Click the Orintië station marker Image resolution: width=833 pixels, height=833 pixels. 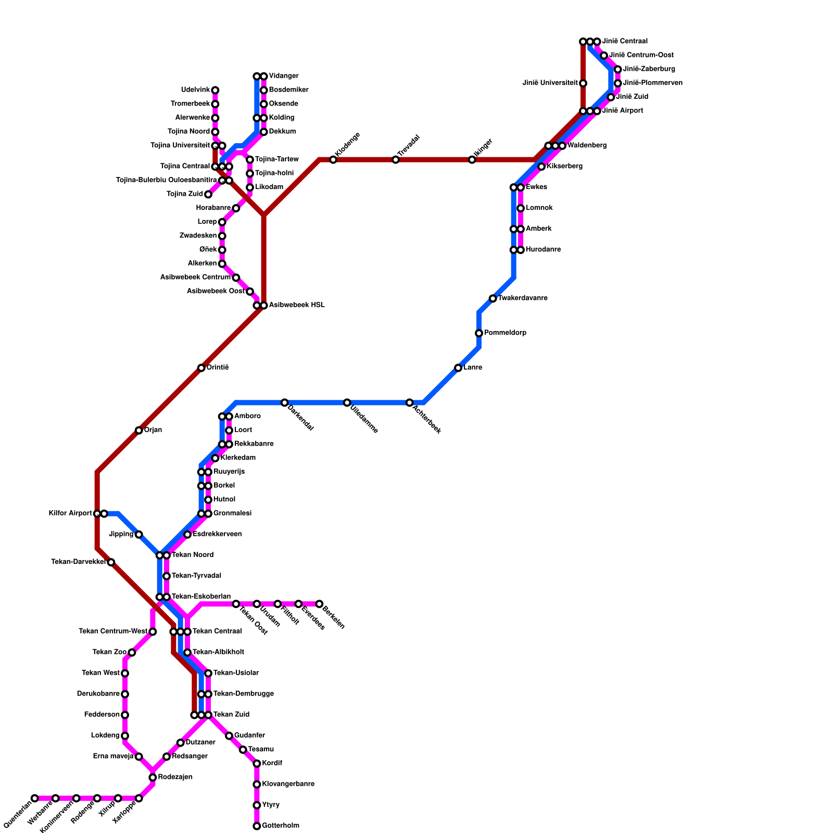201,368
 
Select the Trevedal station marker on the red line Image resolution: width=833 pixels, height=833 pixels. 396,160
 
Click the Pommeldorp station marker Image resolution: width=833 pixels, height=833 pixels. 479,333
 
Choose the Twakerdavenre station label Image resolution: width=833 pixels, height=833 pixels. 523,298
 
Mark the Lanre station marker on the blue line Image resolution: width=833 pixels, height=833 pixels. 458,368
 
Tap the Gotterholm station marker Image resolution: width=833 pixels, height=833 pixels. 257,826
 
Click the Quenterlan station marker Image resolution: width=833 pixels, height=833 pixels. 34,798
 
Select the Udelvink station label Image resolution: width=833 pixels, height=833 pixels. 195,90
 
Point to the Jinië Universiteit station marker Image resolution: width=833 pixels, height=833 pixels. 583,83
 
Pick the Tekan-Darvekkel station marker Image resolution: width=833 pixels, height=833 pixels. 111,562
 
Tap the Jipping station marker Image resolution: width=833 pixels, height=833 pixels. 138,535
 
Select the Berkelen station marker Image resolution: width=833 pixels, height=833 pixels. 319,604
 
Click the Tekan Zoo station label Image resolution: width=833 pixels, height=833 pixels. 109,652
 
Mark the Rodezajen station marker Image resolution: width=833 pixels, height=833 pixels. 153,777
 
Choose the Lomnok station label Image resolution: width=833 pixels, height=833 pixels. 539,208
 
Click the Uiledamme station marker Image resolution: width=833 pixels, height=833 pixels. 347,402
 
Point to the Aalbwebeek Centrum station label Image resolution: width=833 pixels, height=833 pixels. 195,277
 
